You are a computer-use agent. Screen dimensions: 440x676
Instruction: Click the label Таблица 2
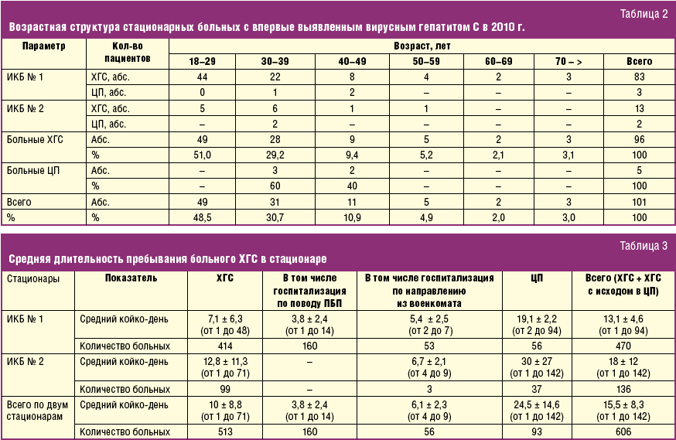644,13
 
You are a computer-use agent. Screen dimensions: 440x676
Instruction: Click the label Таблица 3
644,246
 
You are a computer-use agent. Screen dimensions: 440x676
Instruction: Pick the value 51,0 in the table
203,155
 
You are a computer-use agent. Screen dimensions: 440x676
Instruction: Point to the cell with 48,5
203,218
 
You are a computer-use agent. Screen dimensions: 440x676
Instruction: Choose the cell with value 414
226,346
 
